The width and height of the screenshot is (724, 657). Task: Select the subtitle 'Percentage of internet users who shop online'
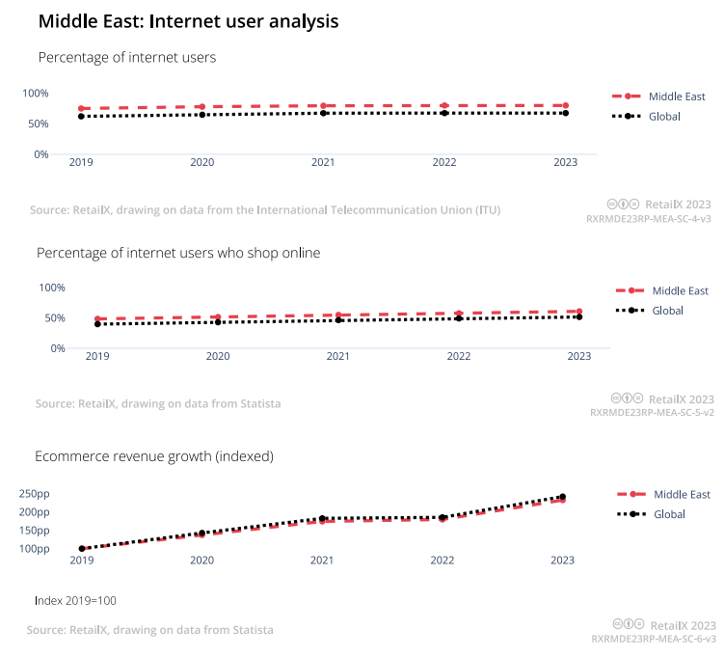(178, 253)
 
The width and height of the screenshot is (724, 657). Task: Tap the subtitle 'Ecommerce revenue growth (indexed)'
(154, 455)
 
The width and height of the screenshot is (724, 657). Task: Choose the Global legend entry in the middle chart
(667, 311)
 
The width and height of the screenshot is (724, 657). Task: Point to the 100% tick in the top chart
(36, 94)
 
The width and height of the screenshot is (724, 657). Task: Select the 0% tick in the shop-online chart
(57, 348)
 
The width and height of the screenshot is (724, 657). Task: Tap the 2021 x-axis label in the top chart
(322, 163)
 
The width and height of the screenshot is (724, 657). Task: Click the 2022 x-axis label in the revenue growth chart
(442, 561)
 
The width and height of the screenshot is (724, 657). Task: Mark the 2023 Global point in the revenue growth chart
(562, 497)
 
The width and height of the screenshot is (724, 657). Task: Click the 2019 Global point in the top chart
(82, 117)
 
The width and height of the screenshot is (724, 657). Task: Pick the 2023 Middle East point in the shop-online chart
(578, 312)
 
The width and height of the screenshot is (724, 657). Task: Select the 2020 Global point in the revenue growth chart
(201, 533)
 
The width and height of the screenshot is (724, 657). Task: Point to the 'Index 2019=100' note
(75, 601)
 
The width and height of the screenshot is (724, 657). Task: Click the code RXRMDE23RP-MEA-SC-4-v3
(649, 220)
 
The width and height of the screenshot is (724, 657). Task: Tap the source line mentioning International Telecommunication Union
(265, 209)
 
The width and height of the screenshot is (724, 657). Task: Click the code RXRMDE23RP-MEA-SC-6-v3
(653, 640)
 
